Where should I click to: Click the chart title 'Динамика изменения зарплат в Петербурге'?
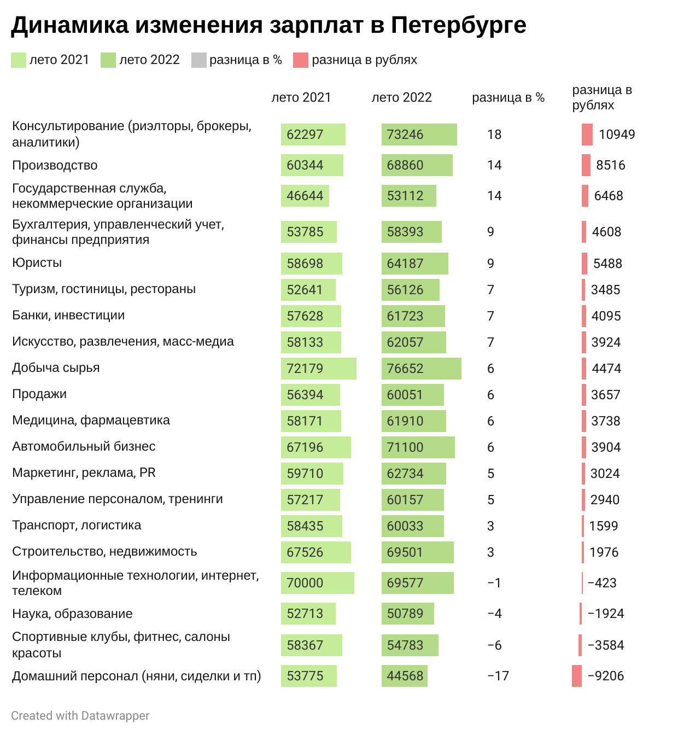point(268,25)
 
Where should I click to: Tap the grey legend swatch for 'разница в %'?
point(198,60)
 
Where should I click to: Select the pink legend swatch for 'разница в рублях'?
point(301,60)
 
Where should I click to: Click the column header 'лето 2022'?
point(401,97)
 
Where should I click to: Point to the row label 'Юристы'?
point(37,262)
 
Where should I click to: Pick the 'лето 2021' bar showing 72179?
point(318,369)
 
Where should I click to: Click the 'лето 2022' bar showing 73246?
point(419,135)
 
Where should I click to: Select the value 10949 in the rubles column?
point(617,135)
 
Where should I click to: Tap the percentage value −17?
point(498,676)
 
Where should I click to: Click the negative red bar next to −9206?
point(577,676)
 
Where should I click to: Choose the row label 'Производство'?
point(55,165)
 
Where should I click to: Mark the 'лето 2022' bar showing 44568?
point(405,676)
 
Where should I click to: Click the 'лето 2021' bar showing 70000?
point(317,583)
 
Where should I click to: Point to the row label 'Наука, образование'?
point(72,614)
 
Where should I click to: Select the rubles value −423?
point(602,583)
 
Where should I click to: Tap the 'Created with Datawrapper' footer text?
point(80,715)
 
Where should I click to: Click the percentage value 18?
point(494,135)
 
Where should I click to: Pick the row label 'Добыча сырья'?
point(56,367)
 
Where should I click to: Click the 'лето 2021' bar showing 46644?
point(305,196)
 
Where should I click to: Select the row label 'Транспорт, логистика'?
point(77,525)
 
